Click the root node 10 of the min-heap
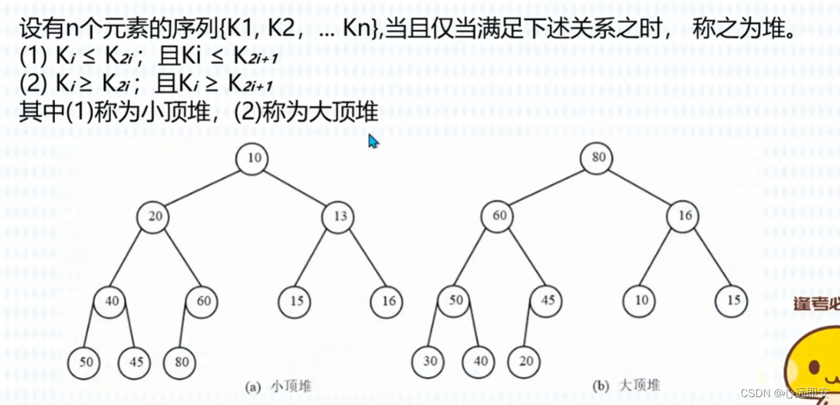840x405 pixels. pos(252,158)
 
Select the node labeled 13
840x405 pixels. pos(339,217)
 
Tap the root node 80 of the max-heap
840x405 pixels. pos(598,157)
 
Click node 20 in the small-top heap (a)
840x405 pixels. pos(154,217)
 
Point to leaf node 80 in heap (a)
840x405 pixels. pos(180,361)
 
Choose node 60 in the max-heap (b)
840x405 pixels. pos(497,217)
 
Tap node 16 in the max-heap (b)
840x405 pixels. pos(684,217)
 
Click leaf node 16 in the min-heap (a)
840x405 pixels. pos(387,302)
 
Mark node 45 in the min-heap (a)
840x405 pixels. pos(135,361)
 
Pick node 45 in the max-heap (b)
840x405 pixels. pos(546,302)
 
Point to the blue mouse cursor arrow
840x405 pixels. pos(373,140)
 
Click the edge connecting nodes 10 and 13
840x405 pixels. pos(295,187)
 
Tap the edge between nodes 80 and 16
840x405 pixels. pos(641,187)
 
